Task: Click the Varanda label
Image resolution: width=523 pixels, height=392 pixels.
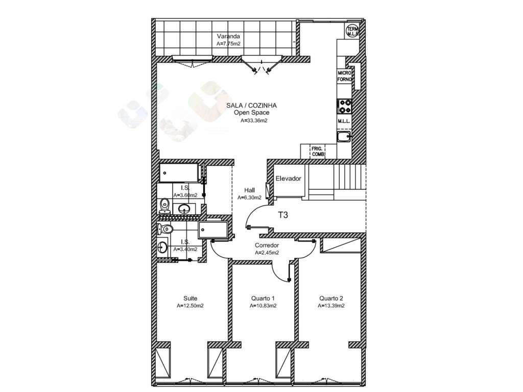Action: click(x=228, y=37)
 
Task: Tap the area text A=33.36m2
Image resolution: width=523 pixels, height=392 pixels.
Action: click(x=254, y=121)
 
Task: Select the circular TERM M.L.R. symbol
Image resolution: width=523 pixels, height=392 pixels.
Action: click(x=352, y=31)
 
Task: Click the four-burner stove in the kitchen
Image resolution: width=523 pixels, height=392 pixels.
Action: click(x=345, y=106)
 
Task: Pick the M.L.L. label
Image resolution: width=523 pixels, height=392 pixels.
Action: click(x=343, y=121)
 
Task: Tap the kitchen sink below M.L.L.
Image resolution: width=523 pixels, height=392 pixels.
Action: click(x=344, y=136)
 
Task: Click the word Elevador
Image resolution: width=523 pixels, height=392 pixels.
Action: click(x=288, y=179)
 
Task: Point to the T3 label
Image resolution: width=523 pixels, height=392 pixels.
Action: click(x=283, y=215)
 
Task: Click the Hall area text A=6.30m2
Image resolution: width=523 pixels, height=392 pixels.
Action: click(x=249, y=198)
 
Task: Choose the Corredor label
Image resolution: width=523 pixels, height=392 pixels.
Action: click(x=267, y=246)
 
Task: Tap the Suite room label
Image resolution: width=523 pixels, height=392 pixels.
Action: click(x=190, y=299)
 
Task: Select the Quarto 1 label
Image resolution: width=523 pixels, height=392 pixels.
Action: click(x=263, y=299)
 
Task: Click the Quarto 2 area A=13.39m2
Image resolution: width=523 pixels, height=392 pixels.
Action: click(x=330, y=306)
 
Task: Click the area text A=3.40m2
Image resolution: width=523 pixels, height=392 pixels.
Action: click(x=185, y=250)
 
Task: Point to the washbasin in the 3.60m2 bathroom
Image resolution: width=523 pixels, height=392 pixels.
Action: click(x=184, y=208)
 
